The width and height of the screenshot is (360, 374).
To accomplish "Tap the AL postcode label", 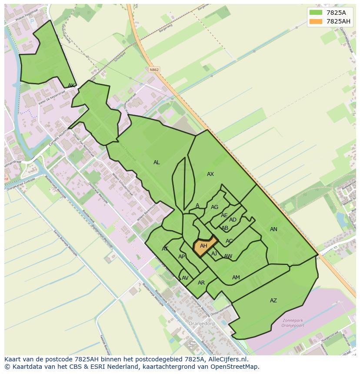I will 157,162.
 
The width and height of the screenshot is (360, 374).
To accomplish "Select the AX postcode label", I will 210,174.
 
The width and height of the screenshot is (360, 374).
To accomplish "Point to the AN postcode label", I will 273,229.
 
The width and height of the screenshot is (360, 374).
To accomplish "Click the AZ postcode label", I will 273,301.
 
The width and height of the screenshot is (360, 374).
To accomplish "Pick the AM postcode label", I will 236,278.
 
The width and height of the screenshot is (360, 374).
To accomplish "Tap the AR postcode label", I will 201,283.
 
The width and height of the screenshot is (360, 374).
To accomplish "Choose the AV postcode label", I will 185,278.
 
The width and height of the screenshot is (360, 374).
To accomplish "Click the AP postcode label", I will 182,257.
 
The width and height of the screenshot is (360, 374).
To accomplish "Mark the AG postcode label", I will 214,207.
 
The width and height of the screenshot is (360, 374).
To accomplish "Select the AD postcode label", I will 233,220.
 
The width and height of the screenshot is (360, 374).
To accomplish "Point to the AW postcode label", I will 228,256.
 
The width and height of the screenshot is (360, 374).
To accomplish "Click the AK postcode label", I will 71,86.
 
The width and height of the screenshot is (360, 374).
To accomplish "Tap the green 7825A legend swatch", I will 316,13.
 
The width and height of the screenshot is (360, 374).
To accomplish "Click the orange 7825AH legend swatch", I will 316,21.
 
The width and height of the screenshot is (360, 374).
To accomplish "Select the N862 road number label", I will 154,70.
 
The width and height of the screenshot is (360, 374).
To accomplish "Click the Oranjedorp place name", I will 200,324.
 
